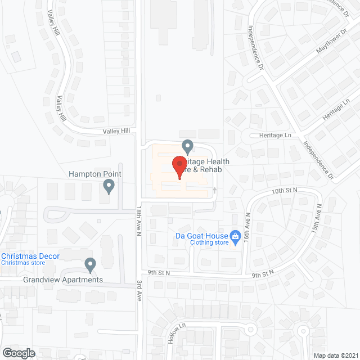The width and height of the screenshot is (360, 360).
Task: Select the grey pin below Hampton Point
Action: pos(109,186)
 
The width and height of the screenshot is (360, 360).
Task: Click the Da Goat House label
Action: pos(201,236)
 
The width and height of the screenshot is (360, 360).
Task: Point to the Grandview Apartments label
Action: pos(63,280)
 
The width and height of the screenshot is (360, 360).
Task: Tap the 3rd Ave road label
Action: pos(139,290)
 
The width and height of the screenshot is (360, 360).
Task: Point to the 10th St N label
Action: pos(284,191)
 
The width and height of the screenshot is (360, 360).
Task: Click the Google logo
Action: pos(18,353)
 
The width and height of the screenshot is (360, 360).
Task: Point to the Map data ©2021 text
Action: pos(336,355)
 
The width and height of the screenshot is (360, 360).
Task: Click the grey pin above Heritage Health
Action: pos(188,147)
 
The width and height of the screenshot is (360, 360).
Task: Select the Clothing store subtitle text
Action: pos(209,243)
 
